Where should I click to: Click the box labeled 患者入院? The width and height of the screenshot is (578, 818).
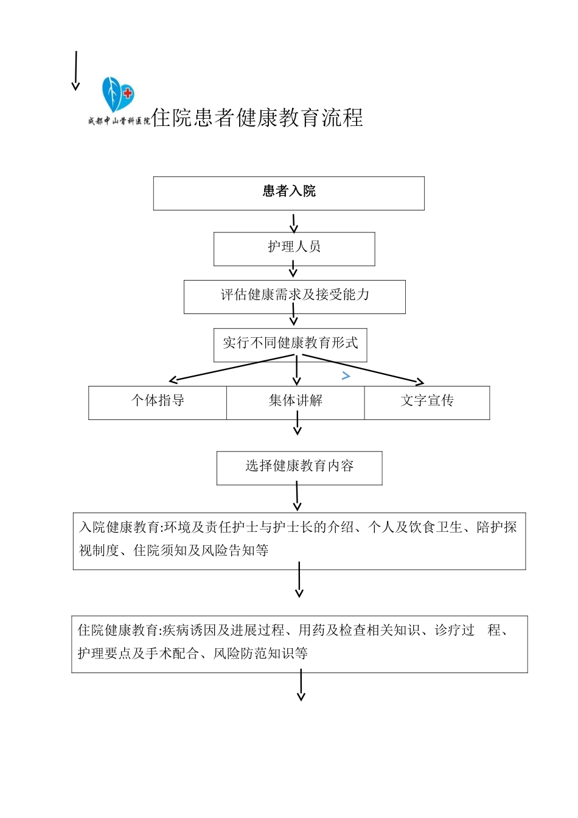288,193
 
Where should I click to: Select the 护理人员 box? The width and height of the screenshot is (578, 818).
294,248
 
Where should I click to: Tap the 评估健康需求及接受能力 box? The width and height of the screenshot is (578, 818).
294,296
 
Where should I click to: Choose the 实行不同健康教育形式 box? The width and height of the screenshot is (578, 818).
290,344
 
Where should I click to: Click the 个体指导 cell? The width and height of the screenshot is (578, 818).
158,402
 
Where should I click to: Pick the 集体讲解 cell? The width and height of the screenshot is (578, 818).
296,402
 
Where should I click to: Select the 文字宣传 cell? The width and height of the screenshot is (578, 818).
427,402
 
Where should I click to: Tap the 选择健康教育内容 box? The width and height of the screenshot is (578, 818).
299,467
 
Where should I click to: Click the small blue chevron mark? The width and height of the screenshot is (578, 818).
346,376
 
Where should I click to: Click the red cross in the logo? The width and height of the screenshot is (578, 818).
128,93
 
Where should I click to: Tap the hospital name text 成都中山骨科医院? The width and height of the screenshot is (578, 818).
119,121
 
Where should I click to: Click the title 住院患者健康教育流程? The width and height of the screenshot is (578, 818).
257,117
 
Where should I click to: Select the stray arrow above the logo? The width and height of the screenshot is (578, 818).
76,71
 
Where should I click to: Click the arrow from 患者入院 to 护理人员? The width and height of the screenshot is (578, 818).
294,223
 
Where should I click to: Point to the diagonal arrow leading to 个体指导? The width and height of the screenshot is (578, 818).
231,368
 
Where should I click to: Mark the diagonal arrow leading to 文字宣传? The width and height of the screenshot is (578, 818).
363,369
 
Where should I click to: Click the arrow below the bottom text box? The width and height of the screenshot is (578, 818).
301,685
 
